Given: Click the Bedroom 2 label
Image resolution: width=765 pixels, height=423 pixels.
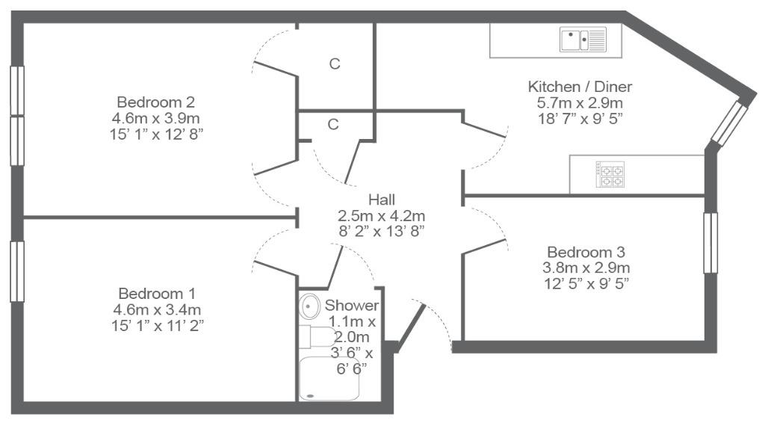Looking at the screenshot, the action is point(155,102).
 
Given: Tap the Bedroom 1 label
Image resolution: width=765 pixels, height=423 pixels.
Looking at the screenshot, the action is point(157,294).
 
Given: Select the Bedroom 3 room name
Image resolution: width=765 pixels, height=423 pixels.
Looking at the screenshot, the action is point(586,253).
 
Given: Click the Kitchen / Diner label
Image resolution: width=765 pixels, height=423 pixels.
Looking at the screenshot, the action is point(580,87).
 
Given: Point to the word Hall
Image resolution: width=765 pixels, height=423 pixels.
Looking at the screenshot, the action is point(382,200).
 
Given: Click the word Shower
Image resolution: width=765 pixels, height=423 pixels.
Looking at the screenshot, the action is point(352,306).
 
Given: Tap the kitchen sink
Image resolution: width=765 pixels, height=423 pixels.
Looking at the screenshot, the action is point(583,40).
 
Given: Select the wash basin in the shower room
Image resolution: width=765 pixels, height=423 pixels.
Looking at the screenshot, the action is point(308,306).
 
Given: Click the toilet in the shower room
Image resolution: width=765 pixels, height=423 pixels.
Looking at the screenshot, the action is point(317,336).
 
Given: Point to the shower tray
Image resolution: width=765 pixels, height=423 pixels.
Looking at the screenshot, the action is point(329,379).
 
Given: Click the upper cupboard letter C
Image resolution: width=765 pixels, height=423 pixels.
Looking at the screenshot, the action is point(334,64).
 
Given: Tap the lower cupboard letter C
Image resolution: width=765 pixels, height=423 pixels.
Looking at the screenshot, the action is point(332,124).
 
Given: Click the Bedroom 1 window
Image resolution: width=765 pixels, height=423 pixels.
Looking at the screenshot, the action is point(17,272).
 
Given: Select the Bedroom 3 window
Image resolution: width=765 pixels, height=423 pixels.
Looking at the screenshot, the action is point(710,243).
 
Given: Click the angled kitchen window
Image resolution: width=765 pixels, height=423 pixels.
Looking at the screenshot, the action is point(729,123).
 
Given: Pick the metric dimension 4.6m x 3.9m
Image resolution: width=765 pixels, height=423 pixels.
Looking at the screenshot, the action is point(155,118).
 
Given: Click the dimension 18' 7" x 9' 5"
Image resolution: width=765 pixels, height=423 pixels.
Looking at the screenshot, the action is point(580,119).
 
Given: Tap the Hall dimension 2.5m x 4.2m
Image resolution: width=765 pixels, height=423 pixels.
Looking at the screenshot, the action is point(381,216).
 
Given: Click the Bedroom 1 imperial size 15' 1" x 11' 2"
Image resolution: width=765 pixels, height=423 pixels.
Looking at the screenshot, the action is point(157,325).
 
